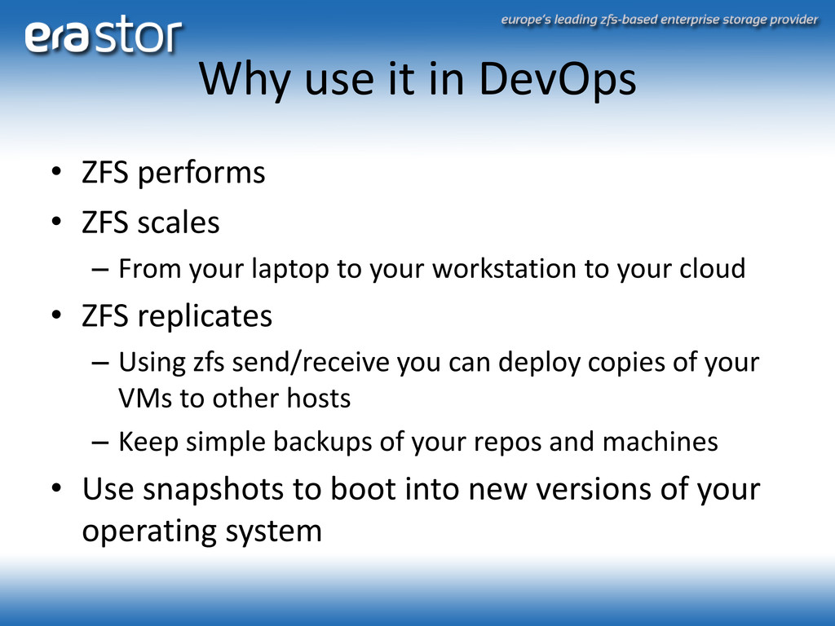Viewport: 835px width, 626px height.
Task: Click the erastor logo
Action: point(104,34)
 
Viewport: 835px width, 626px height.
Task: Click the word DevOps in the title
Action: point(557,80)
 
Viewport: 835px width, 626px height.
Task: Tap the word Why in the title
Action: point(245,80)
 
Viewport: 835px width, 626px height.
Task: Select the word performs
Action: point(201,174)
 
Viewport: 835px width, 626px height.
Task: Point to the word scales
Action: point(178,222)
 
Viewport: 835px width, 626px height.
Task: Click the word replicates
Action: point(205,317)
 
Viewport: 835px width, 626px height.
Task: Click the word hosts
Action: point(319,398)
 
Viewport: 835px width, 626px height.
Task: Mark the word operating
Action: point(150,531)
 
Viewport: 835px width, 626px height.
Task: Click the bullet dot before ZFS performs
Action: point(56,172)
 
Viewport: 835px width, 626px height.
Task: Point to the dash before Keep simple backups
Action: point(100,443)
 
